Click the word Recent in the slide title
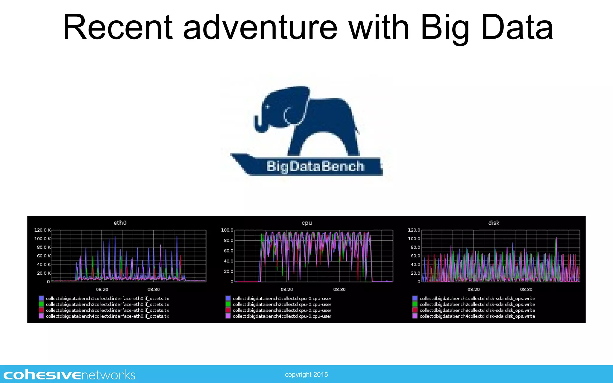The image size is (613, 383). pos(118,28)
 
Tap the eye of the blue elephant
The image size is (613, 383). pos(267,107)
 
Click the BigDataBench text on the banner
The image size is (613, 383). pos(315,166)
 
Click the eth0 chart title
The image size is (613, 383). pos(120,223)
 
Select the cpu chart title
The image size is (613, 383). pos(307,223)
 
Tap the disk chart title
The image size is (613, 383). pos(494,223)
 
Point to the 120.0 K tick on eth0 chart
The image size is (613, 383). pos(42,230)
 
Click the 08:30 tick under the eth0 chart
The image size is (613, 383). pos(154,289)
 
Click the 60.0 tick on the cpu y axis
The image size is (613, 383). pos(228,251)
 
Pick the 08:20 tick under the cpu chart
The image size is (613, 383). pos(287,289)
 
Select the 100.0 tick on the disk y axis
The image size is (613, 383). pos(414,238)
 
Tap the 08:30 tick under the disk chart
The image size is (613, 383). pos(526,289)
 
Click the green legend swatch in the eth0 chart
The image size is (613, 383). pos(41,304)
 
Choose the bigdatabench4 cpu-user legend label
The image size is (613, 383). pos(282,316)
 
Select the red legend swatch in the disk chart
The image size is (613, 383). pos(415,310)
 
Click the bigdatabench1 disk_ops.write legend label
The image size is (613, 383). pos(477,298)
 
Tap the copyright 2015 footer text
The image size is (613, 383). pos(306,375)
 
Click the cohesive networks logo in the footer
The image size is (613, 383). pos(69,375)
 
